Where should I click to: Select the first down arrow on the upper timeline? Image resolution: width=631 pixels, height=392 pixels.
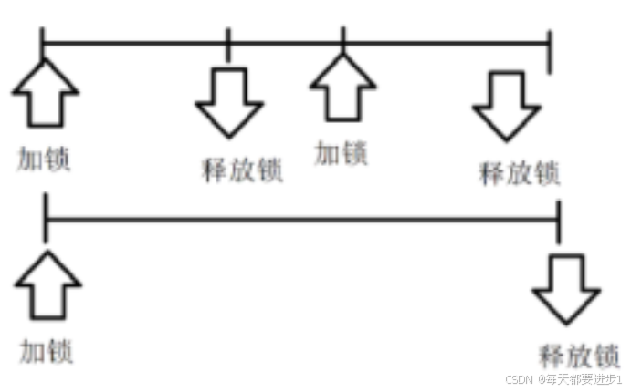(x=228, y=100)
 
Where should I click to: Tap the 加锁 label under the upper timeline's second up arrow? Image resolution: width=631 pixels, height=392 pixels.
(x=342, y=152)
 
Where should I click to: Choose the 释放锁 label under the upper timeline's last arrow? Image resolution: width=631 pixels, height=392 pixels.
(x=519, y=172)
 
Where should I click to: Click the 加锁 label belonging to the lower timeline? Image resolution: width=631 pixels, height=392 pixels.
(x=47, y=351)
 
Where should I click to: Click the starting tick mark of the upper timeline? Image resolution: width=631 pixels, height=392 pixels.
(x=43, y=40)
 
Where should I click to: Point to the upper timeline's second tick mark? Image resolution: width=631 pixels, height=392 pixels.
(x=228, y=41)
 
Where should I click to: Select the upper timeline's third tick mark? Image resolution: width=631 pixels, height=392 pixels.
(x=342, y=40)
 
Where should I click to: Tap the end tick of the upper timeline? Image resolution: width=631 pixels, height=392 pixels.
(x=550, y=51)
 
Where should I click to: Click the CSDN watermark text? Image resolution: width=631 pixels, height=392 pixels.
(x=519, y=377)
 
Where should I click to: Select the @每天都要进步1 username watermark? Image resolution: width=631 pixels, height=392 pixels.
(x=581, y=377)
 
